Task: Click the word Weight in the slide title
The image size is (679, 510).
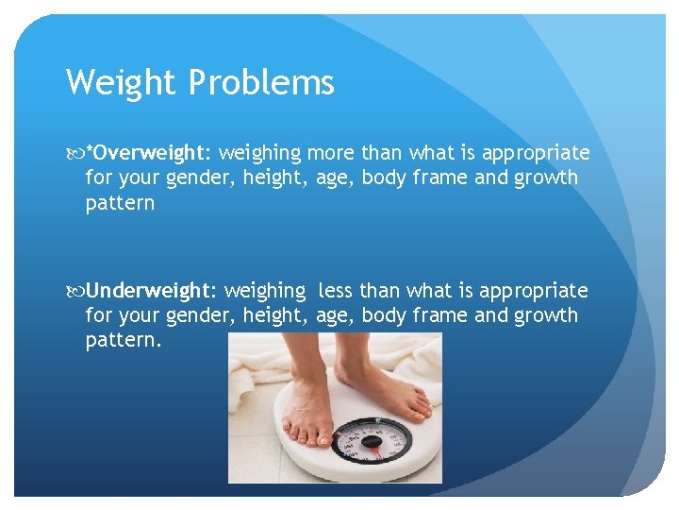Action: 122,83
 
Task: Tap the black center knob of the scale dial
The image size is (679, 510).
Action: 371,441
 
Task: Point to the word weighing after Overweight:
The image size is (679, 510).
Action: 260,153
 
